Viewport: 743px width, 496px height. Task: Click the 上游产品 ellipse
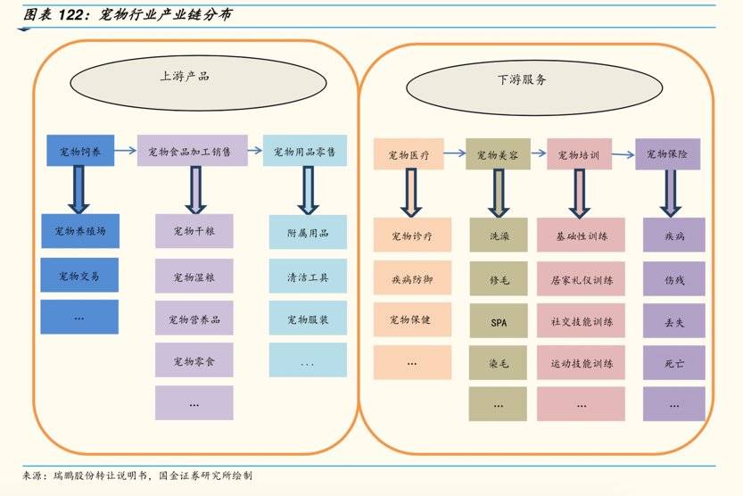pos(185,78)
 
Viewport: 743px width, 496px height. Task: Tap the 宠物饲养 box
pos(80,151)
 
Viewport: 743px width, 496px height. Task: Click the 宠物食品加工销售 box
pos(192,151)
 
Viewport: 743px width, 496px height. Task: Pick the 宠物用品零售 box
pos(304,151)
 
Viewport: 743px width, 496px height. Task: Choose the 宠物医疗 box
pos(409,154)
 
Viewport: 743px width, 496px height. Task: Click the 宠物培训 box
pos(578,154)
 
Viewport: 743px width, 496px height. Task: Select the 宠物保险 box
pos(667,154)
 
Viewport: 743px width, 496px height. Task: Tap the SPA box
pos(499,322)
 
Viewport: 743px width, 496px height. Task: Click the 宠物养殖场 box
pos(79,231)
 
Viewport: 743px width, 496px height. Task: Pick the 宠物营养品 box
pos(194,318)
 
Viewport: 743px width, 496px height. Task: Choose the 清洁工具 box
pos(308,277)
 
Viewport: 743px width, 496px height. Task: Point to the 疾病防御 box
pos(412,279)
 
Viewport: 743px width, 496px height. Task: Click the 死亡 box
pos(674,363)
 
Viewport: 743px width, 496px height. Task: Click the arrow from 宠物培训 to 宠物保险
pos(623,154)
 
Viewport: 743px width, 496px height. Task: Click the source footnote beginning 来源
pos(143,476)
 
